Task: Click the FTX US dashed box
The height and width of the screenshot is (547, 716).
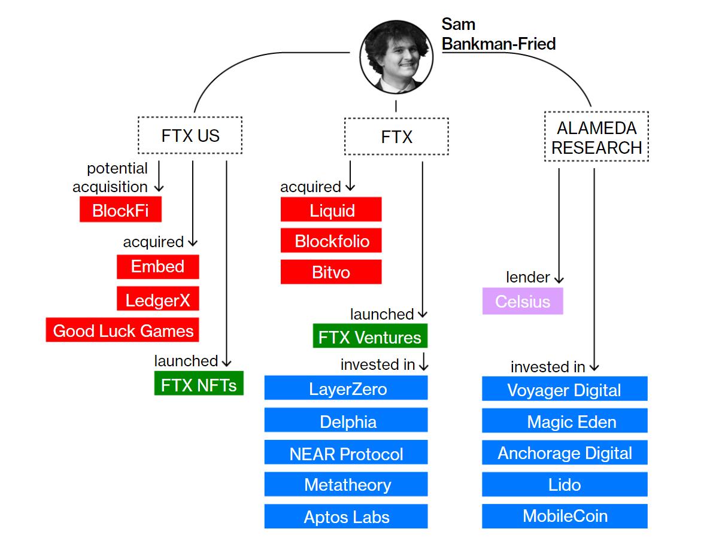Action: pyautogui.click(x=190, y=135)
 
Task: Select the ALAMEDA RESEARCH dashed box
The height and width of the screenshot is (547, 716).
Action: pyautogui.click(x=596, y=137)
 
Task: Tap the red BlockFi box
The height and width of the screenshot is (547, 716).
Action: pyautogui.click(x=121, y=211)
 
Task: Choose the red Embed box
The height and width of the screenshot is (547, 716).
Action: pyautogui.click(x=158, y=267)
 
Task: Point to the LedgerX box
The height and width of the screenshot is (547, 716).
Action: pyautogui.click(x=158, y=299)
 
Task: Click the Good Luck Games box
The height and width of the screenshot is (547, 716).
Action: pyautogui.click(x=123, y=330)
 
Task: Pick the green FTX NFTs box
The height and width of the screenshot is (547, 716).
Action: pyautogui.click(x=199, y=384)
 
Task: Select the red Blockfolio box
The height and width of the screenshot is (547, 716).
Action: pyautogui.click(x=331, y=241)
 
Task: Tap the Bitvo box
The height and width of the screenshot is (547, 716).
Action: pyautogui.click(x=331, y=272)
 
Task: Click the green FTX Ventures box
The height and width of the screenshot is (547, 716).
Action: pyautogui.click(x=370, y=337)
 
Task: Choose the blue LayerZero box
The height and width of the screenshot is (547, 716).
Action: pyautogui.click(x=347, y=389)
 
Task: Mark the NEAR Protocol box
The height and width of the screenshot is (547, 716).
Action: pyautogui.click(x=347, y=453)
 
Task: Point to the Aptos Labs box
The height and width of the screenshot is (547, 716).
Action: pyautogui.click(x=347, y=517)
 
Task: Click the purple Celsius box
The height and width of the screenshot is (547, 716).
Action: pyautogui.click(x=523, y=301)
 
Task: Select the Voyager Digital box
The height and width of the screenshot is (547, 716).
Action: pyautogui.click(x=565, y=390)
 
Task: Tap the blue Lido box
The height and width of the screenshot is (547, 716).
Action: pyautogui.click(x=565, y=484)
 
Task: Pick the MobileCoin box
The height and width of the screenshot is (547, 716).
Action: pyautogui.click(x=565, y=516)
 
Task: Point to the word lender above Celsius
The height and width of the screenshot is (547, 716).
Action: pyautogui.click(x=527, y=277)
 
